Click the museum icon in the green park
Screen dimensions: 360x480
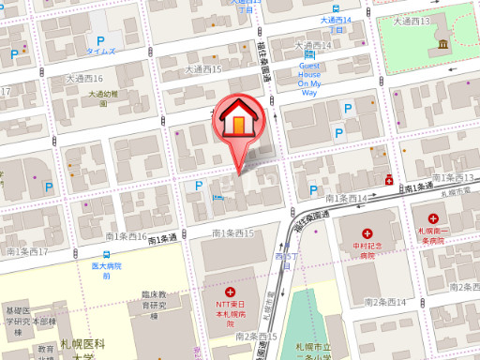point(442,46)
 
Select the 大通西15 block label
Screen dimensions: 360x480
point(203,69)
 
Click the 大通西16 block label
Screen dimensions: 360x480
point(84,78)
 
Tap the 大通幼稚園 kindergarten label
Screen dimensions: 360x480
point(104,94)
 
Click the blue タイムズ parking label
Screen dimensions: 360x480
point(100,51)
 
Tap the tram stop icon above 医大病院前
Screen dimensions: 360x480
point(107,255)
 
